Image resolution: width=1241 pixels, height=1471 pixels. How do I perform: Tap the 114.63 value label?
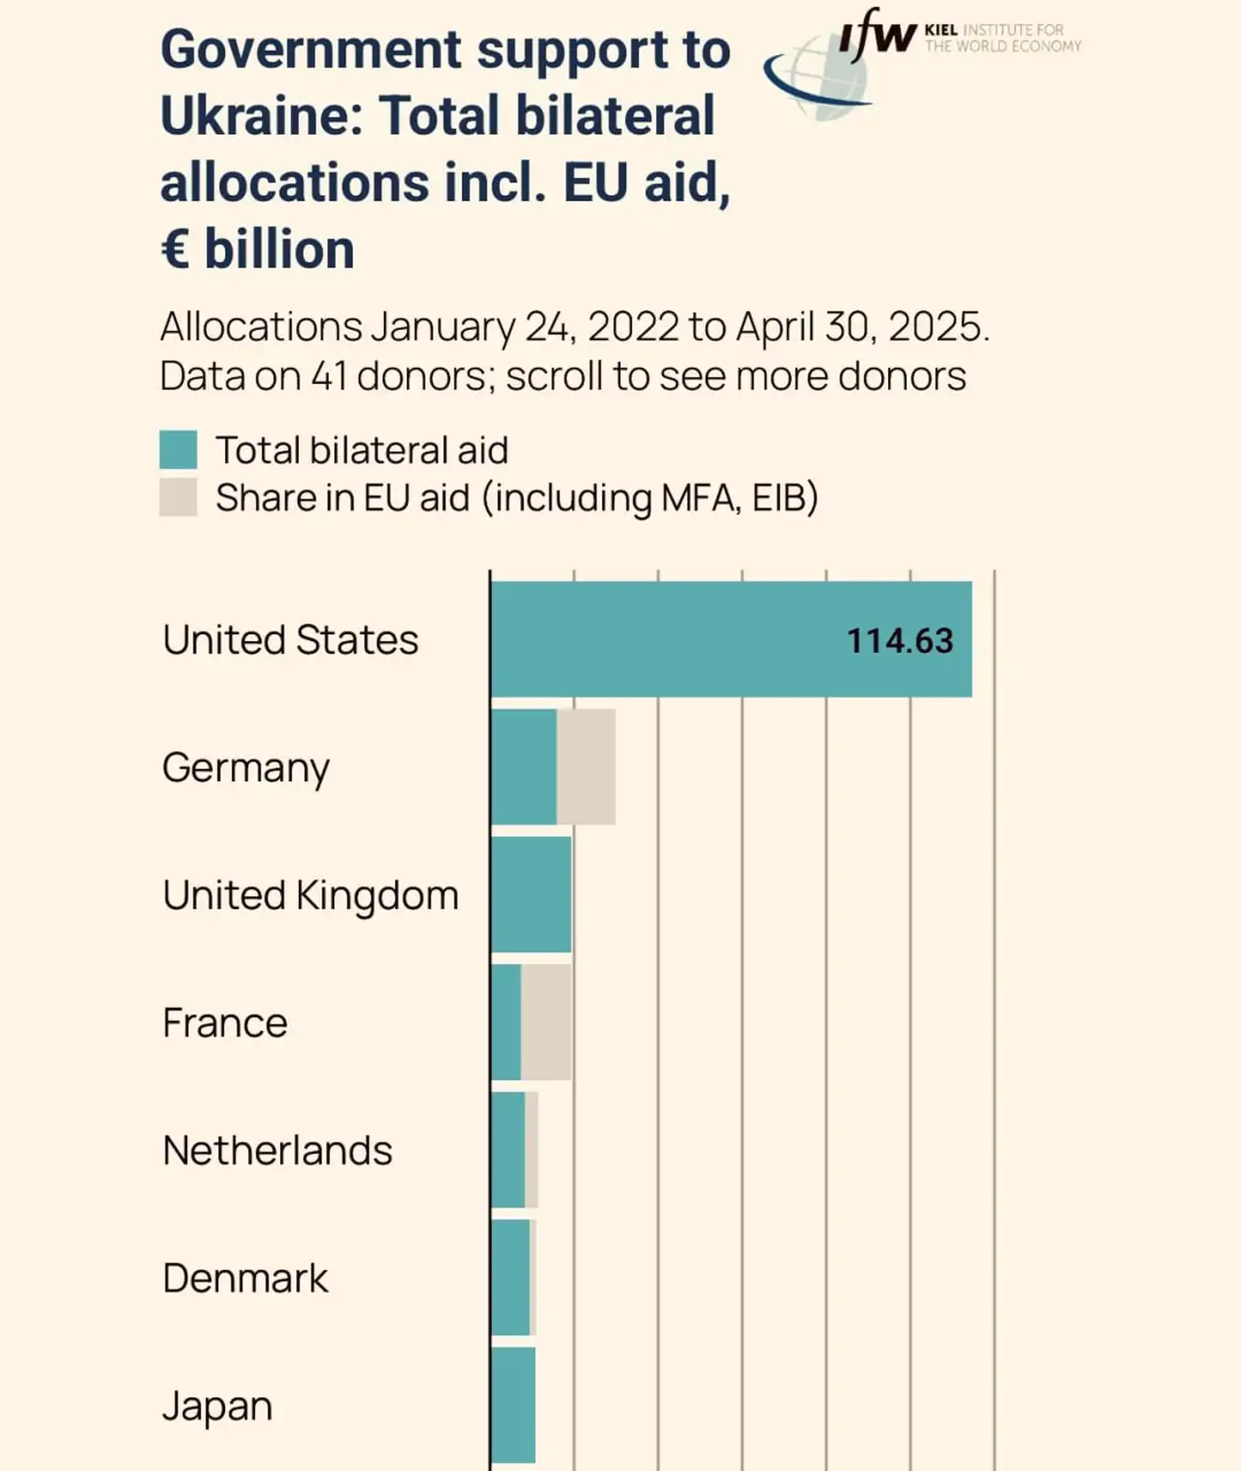tap(899, 641)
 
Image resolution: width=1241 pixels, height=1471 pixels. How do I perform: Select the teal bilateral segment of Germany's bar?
tap(524, 767)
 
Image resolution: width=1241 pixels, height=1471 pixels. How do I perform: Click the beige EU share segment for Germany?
tap(586, 767)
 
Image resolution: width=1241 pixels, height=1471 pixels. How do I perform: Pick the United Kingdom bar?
tap(531, 895)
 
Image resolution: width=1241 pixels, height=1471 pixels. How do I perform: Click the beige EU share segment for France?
tap(546, 1022)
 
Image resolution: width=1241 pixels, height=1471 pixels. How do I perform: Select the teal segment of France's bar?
tap(506, 1022)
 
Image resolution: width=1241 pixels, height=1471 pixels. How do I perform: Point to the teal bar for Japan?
tap(513, 1405)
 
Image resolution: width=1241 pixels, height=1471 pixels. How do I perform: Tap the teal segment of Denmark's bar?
tap(511, 1278)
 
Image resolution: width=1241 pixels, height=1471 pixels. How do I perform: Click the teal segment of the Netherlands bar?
tap(508, 1150)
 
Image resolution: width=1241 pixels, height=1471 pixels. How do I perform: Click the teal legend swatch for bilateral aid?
tap(178, 450)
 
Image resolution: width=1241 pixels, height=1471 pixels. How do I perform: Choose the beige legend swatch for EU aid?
tap(178, 497)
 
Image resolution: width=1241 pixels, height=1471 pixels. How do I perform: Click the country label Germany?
tap(246, 768)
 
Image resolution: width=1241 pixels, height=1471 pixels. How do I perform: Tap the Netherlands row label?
tap(277, 1151)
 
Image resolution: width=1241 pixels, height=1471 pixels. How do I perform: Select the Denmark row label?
tap(245, 1279)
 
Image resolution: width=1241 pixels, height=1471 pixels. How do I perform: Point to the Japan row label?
tap(217, 1406)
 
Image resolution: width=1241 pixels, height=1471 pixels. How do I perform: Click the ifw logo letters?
tap(876, 35)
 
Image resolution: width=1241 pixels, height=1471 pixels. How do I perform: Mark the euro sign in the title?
tap(175, 249)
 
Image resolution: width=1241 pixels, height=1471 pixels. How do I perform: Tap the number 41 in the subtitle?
tap(328, 376)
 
